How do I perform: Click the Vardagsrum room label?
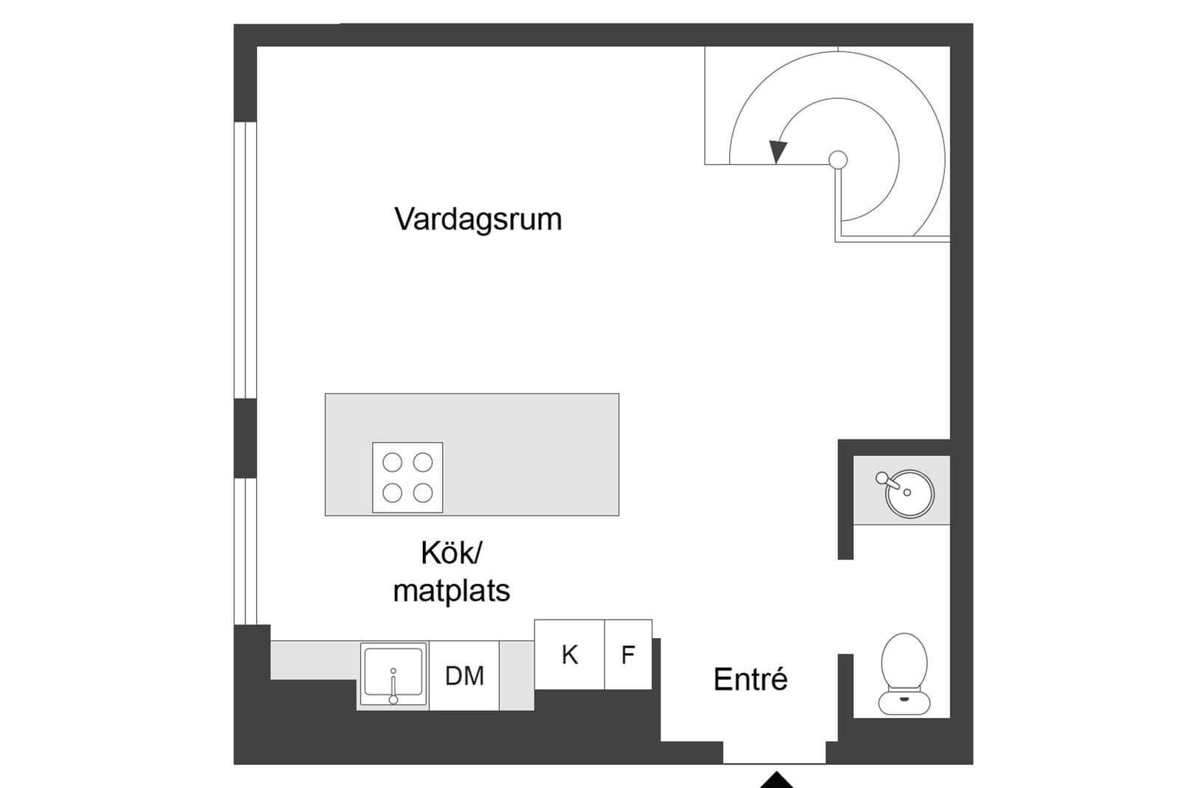pyautogui.click(x=478, y=219)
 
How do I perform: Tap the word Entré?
pyautogui.click(x=750, y=679)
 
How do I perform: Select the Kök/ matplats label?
pyautogui.click(x=452, y=572)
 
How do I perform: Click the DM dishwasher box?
pyautogui.click(x=464, y=676)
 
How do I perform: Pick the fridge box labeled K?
pyautogui.click(x=569, y=654)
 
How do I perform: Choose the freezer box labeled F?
pyautogui.click(x=628, y=654)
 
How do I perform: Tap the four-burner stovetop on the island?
pyautogui.click(x=407, y=477)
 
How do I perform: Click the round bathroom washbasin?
pyautogui.click(x=910, y=493)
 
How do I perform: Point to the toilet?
pyautogui.click(x=904, y=674)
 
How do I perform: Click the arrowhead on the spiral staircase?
pyautogui.click(x=778, y=152)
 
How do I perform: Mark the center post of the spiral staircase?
pyautogui.click(x=839, y=160)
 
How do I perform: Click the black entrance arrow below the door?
pyautogui.click(x=776, y=780)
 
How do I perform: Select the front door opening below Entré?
pyautogui.click(x=774, y=753)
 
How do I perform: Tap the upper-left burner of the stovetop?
pyautogui.click(x=392, y=462)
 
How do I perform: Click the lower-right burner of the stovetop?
pyautogui.click(x=423, y=493)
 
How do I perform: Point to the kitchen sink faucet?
pyautogui.click(x=393, y=686)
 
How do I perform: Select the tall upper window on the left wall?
pyautogui.click(x=246, y=260)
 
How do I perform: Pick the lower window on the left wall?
pyautogui.click(x=246, y=552)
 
